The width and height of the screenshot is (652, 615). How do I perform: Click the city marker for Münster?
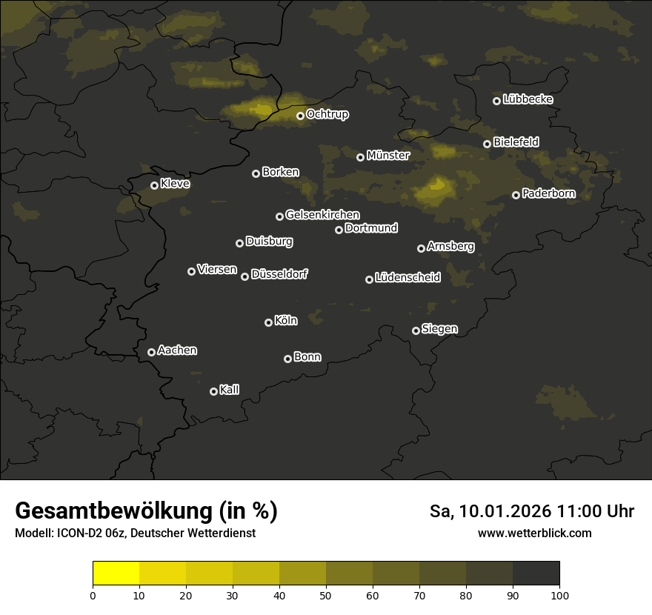pyautogui.click(x=360, y=157)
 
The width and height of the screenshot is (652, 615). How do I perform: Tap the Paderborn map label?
pyautogui.click(x=548, y=194)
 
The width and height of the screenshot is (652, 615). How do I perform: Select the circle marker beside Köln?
pyautogui.click(x=268, y=322)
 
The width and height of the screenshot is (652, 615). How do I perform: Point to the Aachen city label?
pyautogui.click(x=177, y=350)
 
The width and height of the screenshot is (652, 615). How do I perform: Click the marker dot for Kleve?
pyautogui.click(x=154, y=185)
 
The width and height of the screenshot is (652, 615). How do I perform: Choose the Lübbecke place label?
pyautogui.click(x=528, y=99)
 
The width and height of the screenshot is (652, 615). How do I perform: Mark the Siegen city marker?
pyautogui.click(x=416, y=330)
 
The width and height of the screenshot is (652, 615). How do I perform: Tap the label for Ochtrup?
pyautogui.click(x=327, y=115)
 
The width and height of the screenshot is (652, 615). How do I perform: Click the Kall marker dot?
pyautogui.click(x=213, y=391)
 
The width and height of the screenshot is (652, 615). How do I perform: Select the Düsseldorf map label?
pyautogui.click(x=279, y=275)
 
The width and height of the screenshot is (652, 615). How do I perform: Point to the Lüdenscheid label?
pyautogui.click(x=408, y=278)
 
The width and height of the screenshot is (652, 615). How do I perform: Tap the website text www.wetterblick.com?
pyautogui.click(x=534, y=533)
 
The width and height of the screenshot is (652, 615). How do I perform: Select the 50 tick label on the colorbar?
pyautogui.click(x=326, y=595)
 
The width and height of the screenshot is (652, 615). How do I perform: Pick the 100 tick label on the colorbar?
pyautogui.click(x=559, y=595)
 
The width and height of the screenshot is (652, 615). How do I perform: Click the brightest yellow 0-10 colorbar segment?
pyautogui.click(x=116, y=574)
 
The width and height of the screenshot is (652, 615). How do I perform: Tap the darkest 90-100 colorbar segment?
pyautogui.click(x=536, y=574)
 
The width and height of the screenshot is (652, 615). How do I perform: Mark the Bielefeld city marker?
pyautogui.click(x=487, y=144)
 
